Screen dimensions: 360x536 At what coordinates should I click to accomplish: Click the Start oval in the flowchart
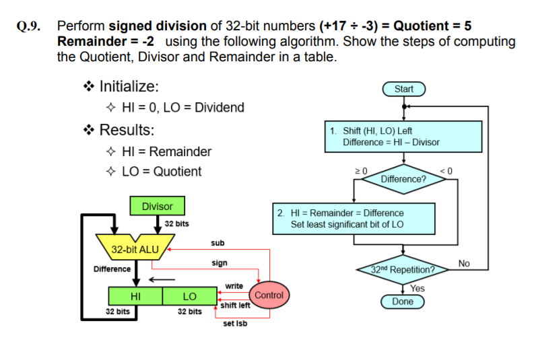404,89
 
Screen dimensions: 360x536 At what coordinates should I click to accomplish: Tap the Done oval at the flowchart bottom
403,301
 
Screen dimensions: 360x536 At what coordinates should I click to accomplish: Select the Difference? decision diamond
403,179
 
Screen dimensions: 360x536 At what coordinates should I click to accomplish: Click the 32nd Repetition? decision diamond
403,271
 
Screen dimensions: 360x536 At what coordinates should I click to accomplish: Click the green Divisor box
158,206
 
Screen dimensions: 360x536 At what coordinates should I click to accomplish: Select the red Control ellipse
269,295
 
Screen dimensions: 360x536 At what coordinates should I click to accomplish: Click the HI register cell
135,296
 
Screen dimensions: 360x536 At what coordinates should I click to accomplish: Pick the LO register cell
189,296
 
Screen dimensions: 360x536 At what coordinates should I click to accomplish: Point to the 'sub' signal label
217,242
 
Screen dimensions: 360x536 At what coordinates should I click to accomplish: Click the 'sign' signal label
220,263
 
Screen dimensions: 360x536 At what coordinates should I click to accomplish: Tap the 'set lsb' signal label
235,324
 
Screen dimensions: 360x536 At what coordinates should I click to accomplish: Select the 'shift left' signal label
236,305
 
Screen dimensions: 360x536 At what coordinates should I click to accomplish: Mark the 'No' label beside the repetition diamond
463,262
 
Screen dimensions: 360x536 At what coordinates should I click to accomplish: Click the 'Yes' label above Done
418,288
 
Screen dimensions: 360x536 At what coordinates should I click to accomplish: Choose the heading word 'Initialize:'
129,87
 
